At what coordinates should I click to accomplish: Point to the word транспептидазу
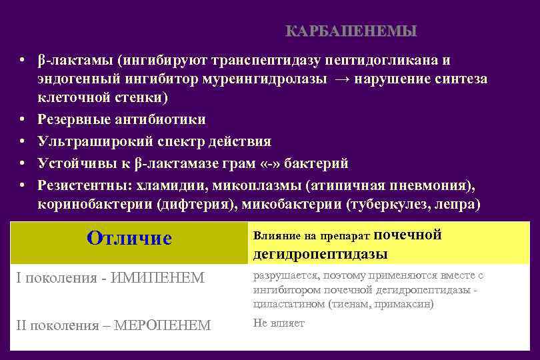click(x=264, y=61)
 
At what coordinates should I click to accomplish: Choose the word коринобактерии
click(x=93, y=204)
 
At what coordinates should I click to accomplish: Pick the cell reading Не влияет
click(x=279, y=323)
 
